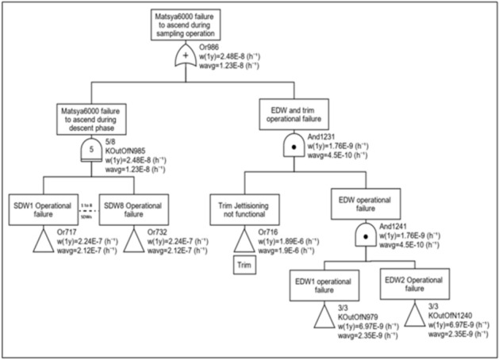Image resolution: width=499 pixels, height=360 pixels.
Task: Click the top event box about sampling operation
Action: pyautogui.click(x=186, y=22)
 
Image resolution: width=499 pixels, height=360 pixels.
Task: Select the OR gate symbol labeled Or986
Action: pyautogui.click(x=186, y=56)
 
